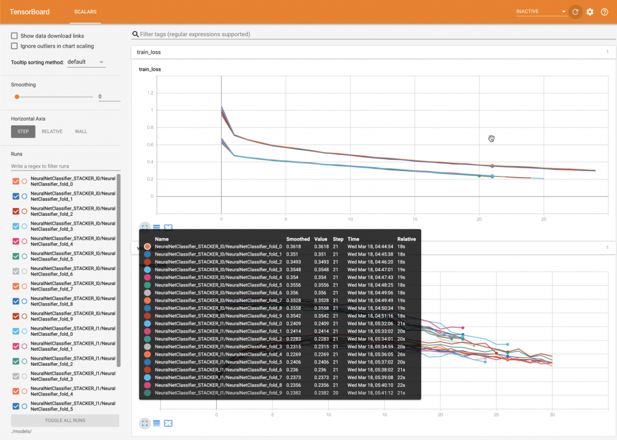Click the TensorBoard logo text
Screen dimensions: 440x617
(30, 11)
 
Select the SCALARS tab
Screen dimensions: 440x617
(85, 11)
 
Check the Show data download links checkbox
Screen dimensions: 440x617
(14, 36)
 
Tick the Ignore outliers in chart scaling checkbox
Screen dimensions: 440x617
(14, 46)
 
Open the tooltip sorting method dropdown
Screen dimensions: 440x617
(86, 62)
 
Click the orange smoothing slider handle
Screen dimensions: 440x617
(17, 96)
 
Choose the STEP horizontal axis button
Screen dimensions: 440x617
(23, 131)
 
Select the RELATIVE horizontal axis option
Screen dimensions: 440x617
(52, 131)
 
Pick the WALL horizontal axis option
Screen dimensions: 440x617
(81, 131)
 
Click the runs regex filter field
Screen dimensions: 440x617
(65, 166)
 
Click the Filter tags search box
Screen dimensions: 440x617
(374, 34)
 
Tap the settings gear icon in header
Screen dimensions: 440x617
(590, 12)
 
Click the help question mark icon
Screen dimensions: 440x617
(604, 12)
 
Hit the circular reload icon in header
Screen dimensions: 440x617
(575, 12)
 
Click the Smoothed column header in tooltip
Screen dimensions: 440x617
(298, 239)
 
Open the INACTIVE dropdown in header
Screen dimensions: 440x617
(541, 12)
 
